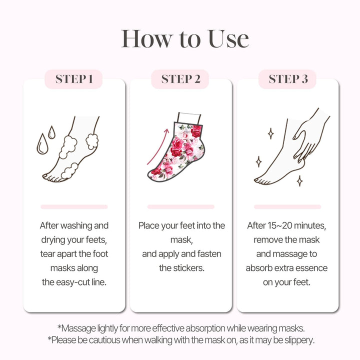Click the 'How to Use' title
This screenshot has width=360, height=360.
tap(185, 39)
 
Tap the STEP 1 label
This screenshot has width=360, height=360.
tap(74, 79)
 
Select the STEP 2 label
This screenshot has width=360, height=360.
tap(180, 79)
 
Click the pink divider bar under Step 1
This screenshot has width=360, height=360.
tap(74, 206)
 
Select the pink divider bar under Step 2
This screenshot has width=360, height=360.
tap(180, 206)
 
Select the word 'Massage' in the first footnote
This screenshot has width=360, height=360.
tap(76, 328)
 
